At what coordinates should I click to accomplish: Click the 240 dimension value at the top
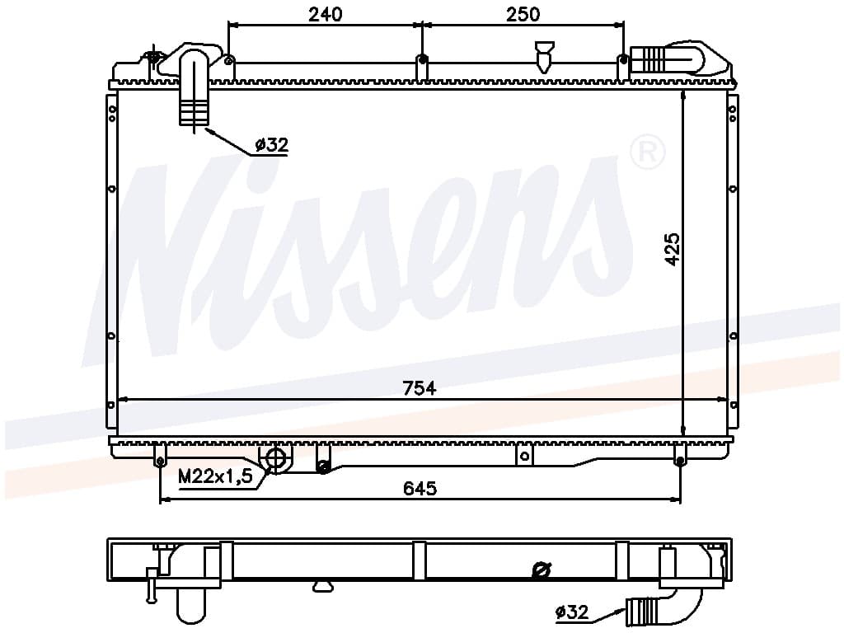point(325,14)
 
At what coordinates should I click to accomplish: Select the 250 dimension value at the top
point(523,14)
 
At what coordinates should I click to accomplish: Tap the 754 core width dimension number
point(420,388)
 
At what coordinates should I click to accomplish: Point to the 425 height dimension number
point(673,249)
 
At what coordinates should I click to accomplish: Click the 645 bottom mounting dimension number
point(420,488)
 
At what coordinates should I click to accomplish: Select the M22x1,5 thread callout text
point(215,476)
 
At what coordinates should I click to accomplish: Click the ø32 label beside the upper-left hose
point(272,144)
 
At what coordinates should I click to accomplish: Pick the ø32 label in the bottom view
point(572,612)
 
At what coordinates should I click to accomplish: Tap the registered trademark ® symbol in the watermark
point(648,152)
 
